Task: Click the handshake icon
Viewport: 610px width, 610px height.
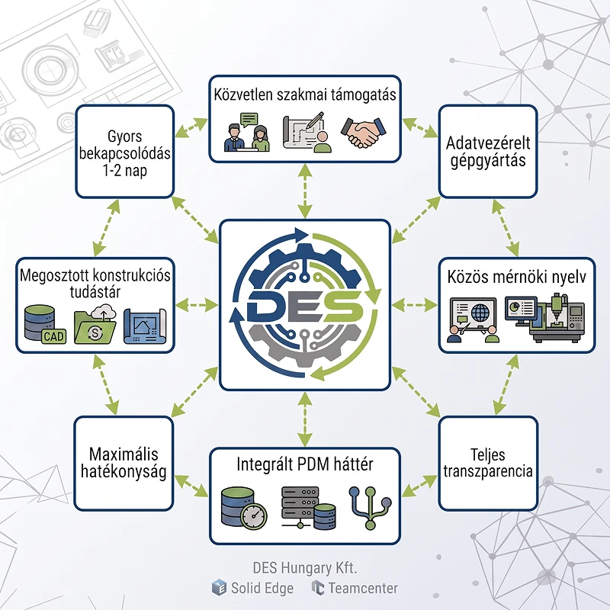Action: (x=364, y=132)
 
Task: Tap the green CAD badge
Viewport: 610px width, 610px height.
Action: (x=53, y=336)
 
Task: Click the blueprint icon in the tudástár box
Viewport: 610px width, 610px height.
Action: (x=145, y=326)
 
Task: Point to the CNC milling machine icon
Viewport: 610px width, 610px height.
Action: (x=557, y=318)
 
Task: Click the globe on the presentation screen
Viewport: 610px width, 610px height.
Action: (x=480, y=312)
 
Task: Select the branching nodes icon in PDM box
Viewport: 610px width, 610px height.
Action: (x=371, y=508)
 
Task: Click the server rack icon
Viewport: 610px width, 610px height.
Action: (x=309, y=508)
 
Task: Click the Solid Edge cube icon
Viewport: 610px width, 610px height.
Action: (x=219, y=587)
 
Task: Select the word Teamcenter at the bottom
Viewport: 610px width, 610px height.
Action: (x=363, y=588)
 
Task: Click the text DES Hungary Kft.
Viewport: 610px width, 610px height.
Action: (x=305, y=568)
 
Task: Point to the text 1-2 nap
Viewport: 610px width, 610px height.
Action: (x=125, y=171)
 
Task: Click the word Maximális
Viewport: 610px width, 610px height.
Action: (x=124, y=454)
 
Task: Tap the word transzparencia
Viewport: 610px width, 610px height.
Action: (x=488, y=471)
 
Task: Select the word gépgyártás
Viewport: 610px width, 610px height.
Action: (x=488, y=161)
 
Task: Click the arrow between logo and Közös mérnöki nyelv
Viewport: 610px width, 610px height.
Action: (x=415, y=306)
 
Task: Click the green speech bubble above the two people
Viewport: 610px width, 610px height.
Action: (x=249, y=119)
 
